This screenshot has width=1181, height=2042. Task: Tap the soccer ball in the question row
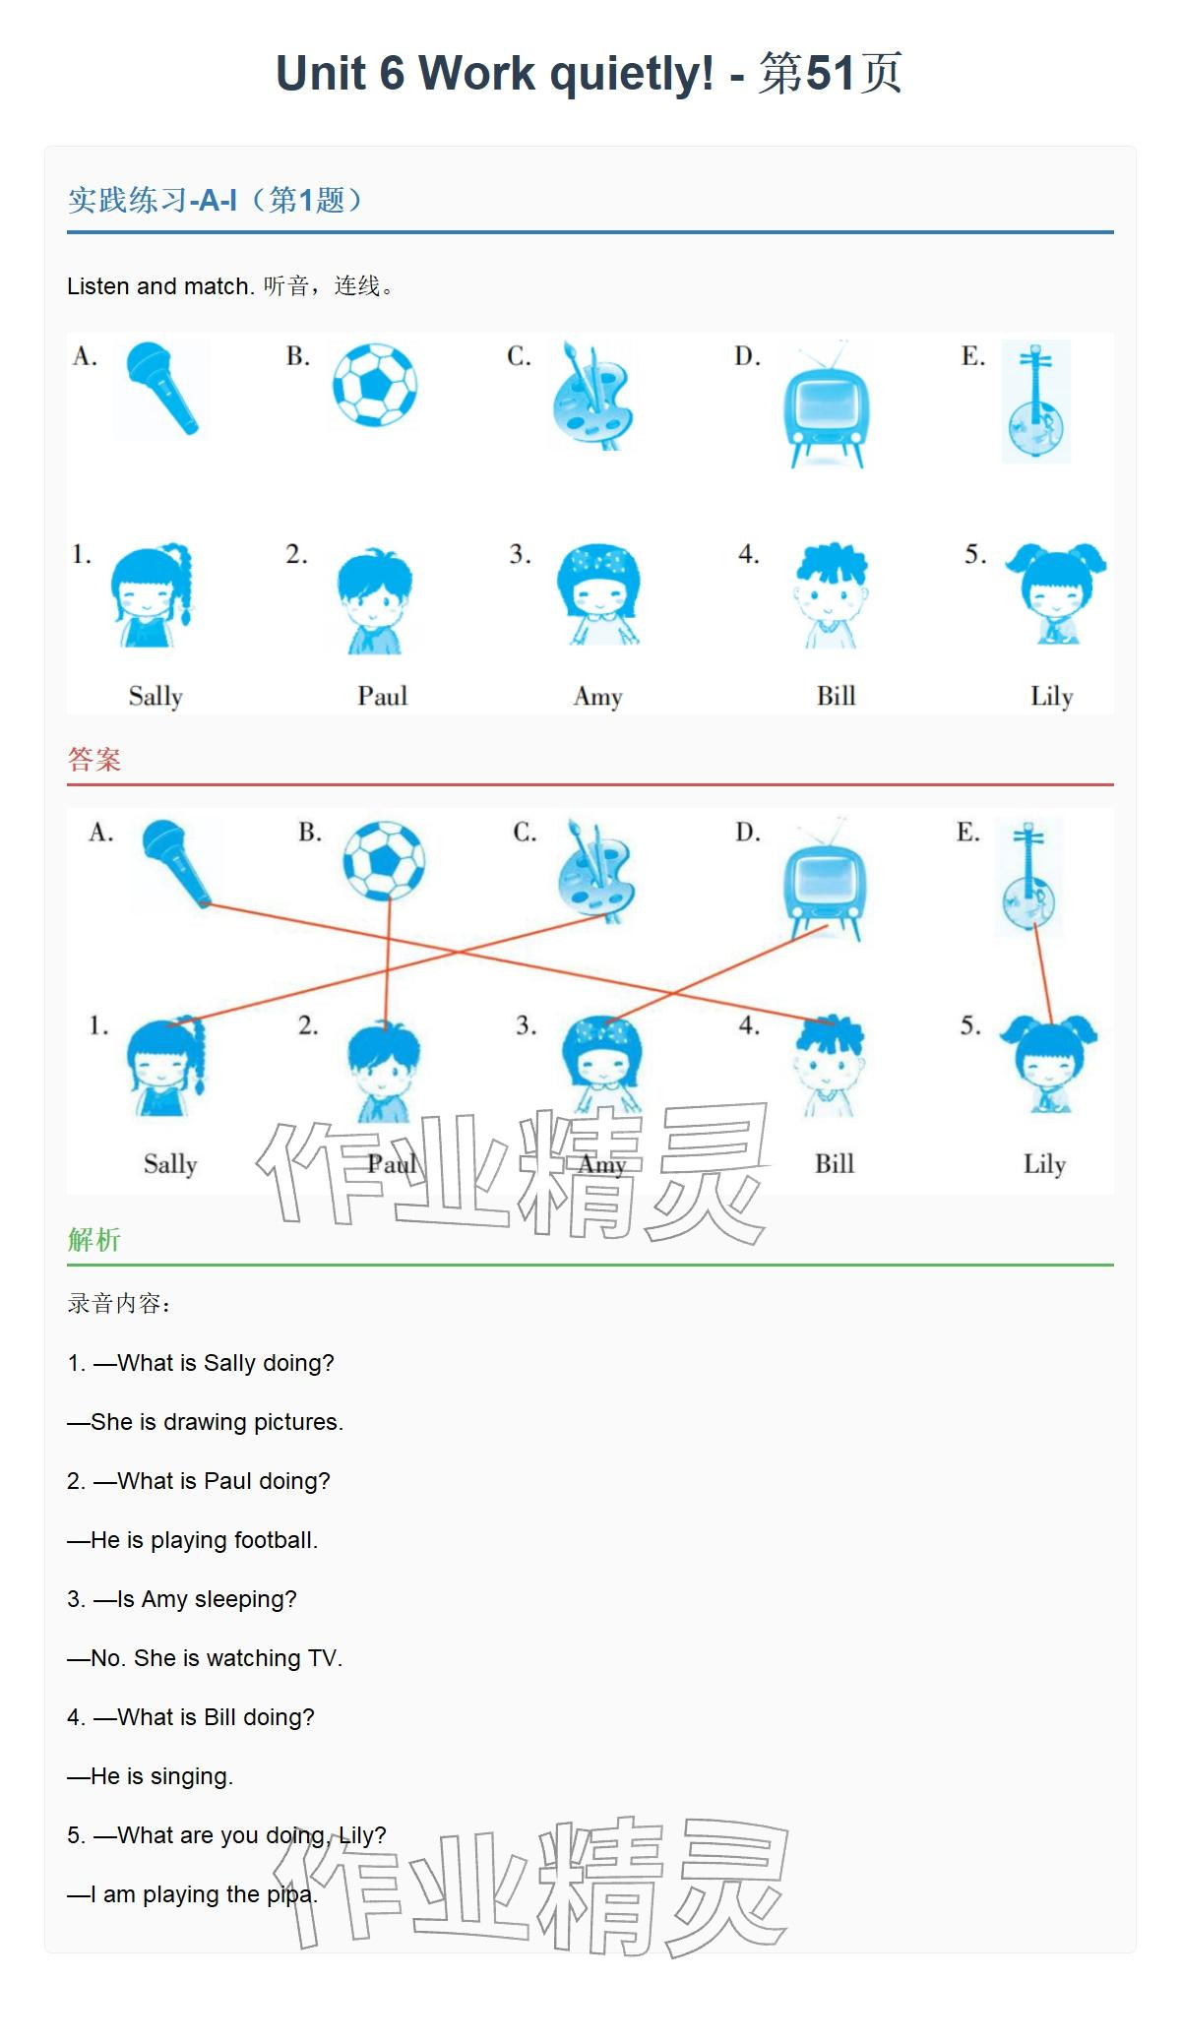[375, 385]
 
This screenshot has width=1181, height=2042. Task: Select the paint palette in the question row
[592, 396]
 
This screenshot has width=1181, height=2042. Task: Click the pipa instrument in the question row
[1036, 402]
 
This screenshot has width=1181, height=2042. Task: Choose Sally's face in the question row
[150, 594]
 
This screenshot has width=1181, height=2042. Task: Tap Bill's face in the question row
[832, 594]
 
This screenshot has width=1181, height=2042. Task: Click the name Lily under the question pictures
[1051, 696]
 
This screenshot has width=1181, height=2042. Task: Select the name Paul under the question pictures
[382, 696]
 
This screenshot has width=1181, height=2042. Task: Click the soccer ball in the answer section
[384, 860]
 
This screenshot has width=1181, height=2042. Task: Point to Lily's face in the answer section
[1048, 1063]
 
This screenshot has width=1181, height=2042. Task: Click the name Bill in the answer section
[835, 1163]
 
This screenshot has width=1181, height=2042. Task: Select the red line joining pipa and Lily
[1042, 974]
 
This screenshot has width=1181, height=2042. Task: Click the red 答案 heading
[94, 759]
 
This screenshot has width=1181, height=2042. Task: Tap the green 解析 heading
[94, 1239]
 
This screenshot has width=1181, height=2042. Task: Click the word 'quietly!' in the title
[633, 74]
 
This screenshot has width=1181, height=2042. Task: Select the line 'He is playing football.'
[193, 1540]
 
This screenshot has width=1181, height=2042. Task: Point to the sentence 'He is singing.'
[151, 1776]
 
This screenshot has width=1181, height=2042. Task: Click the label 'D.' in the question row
[748, 356]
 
